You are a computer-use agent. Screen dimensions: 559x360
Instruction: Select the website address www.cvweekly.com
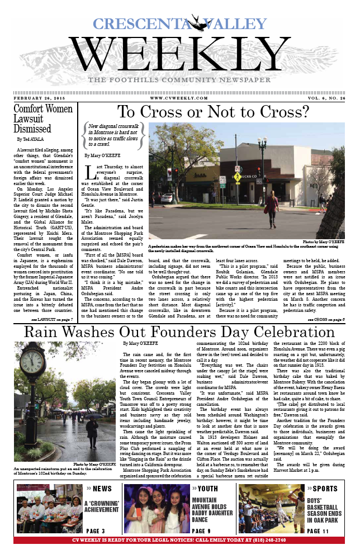tap(179, 98)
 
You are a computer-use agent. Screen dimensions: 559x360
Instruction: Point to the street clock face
tap(34, 364)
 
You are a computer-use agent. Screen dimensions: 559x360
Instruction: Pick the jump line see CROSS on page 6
tap(326, 319)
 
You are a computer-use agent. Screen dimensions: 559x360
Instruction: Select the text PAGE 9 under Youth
tap(201, 531)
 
